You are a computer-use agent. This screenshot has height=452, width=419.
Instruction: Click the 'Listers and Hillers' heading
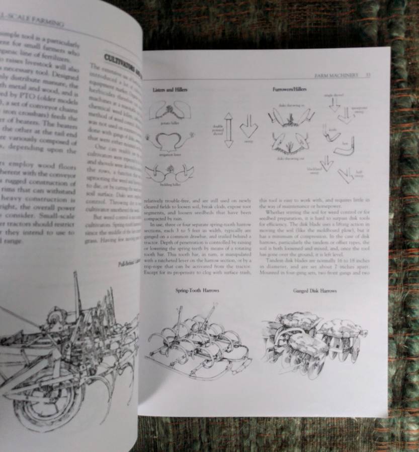pos(170,89)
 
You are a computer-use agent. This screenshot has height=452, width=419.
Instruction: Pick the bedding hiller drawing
pos(170,173)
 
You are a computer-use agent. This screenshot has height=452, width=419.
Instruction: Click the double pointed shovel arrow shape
pos(229,130)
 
